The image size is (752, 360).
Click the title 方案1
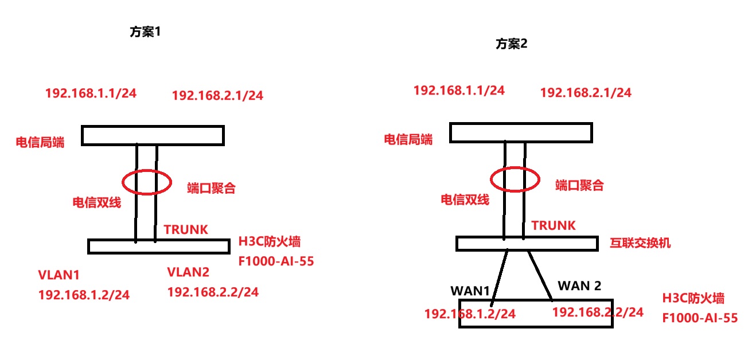click(x=146, y=32)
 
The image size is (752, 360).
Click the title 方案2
click(x=512, y=44)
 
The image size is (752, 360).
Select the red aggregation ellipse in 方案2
click(x=515, y=178)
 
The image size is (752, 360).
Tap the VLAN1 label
click(x=59, y=275)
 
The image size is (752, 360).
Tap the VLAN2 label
click(x=189, y=271)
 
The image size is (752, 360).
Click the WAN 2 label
click(x=580, y=285)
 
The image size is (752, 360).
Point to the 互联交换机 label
click(x=640, y=243)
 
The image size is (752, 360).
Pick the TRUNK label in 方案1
click(x=186, y=229)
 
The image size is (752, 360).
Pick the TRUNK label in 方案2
click(x=554, y=226)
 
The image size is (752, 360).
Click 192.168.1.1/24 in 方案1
click(x=91, y=93)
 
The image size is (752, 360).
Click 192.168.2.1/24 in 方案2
click(x=586, y=92)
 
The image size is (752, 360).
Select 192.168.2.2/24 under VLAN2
click(x=213, y=292)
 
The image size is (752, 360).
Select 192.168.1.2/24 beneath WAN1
click(x=470, y=314)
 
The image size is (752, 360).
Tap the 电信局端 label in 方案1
click(x=40, y=142)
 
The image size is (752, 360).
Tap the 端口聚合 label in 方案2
click(x=579, y=185)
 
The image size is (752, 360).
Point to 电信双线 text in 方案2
click(x=465, y=199)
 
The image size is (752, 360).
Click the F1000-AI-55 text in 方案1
click(x=276, y=262)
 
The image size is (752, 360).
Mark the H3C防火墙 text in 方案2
click(x=693, y=299)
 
